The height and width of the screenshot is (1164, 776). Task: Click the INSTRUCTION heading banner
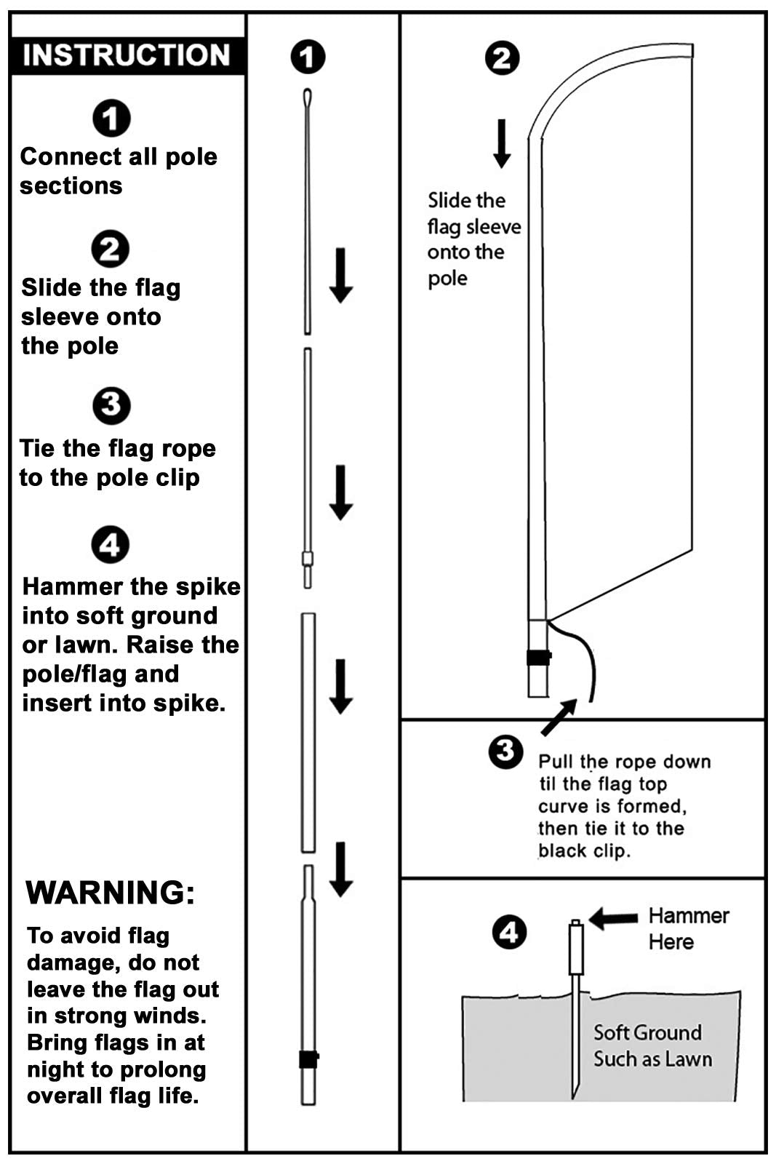pos(127,55)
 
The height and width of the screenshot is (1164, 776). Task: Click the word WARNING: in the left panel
pos(111,892)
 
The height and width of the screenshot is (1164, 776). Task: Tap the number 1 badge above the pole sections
pos(308,57)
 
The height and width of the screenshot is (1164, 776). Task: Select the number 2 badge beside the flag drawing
pos(503,58)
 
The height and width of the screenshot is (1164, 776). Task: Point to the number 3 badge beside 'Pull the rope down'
pos(505,752)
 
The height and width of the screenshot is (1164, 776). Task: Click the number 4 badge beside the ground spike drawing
pos(509,932)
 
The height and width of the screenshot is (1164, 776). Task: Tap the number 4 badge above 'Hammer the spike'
pos(111,545)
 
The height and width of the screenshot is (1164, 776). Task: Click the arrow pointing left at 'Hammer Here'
pos(613,918)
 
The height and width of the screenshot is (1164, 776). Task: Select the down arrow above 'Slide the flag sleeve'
pos(502,143)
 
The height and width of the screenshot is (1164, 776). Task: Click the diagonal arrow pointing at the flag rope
pos(559,717)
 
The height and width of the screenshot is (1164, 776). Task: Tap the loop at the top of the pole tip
pos(308,97)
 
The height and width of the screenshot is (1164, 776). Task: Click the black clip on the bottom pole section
pos(308,1059)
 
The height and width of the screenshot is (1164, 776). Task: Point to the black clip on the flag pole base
pos(538,657)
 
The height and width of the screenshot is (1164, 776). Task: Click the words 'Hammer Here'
pos(687,929)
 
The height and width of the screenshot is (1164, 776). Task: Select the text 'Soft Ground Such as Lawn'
pos(652,1045)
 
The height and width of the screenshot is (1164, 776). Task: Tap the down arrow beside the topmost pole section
pos(341,275)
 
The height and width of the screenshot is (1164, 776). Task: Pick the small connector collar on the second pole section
pos(308,559)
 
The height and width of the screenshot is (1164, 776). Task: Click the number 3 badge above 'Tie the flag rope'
pos(111,405)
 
